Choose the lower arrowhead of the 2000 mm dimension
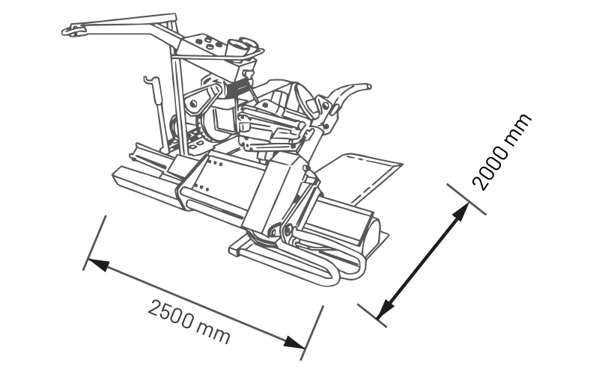[385, 309]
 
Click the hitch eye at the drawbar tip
[73, 31]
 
